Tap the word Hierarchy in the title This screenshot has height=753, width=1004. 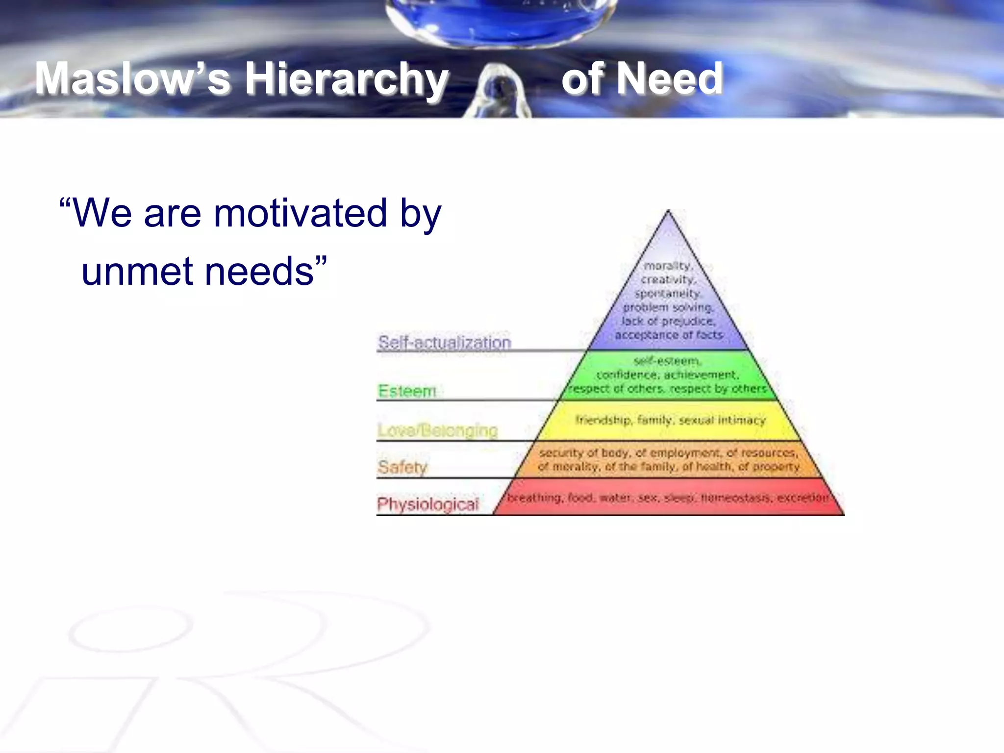[346, 78]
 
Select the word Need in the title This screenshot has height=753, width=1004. [670, 78]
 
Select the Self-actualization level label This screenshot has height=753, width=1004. [444, 342]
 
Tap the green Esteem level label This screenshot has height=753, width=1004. [407, 391]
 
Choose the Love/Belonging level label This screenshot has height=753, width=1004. [437, 430]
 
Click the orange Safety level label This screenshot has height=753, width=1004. [402, 466]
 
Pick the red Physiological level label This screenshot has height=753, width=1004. [427, 503]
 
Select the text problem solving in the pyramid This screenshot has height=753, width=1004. [668, 307]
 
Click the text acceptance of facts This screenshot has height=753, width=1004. [669, 335]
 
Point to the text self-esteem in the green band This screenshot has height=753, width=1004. [667, 361]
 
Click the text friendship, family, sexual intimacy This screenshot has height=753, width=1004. [670, 420]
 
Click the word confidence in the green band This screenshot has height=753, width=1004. [626, 375]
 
